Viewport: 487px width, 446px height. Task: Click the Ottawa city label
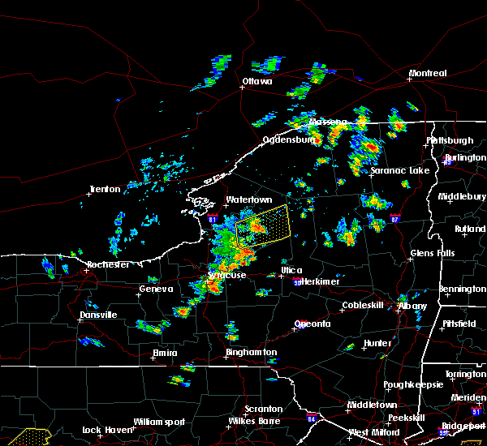pos(256,82)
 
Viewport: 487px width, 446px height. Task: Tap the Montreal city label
pos(428,74)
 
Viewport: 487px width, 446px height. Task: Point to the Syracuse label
pos(226,276)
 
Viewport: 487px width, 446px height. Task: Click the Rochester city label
pos(108,265)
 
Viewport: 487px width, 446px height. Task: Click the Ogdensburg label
pos(288,139)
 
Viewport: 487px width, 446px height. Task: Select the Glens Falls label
pos(432,254)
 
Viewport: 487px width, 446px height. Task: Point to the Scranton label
pos(264,410)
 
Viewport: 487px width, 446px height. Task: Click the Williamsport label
pos(159,422)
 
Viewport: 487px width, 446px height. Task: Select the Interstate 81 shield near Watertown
pos(213,219)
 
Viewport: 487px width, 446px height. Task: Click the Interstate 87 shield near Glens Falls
pos(394,219)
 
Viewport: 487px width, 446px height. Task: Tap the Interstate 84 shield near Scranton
pos(312,419)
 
